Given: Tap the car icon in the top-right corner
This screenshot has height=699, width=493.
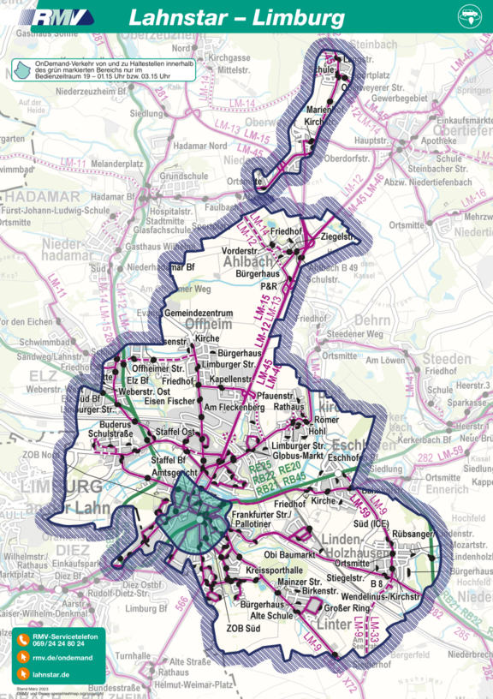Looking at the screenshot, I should pyautogui.click(x=470, y=15).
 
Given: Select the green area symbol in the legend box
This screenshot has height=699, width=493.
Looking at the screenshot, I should pyautogui.click(x=22, y=69).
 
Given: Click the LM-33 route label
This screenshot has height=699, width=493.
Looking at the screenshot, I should pyautogui.click(x=373, y=634).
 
